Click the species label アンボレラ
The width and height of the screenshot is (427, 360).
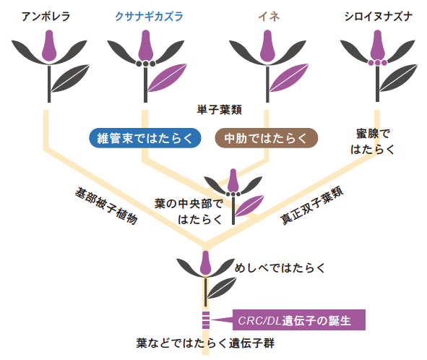coord(46,17)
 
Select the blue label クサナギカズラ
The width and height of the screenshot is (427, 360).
coord(149,17)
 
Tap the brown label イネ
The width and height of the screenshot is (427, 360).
coord(269,17)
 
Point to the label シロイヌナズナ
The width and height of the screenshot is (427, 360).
coord(379,17)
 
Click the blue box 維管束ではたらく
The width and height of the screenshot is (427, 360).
coord(145,138)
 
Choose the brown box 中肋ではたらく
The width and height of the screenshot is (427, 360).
coord(267,138)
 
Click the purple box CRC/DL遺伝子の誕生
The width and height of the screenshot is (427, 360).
coord(298,320)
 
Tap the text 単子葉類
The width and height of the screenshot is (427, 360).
coord(219,110)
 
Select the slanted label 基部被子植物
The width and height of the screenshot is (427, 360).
coord(106,206)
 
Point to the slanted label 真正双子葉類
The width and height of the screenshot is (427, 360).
coord(312,205)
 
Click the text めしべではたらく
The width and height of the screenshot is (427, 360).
coord(280,268)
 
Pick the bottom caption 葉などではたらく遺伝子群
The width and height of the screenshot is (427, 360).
coord(205,343)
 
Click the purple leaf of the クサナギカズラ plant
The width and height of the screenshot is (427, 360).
coord(167,77)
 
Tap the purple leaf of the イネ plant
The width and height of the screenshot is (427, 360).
coord(289,77)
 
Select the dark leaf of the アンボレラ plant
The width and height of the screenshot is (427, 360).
coord(70,78)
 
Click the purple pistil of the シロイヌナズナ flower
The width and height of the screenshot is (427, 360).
coord(377,46)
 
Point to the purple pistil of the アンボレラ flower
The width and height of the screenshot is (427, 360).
coord(49,46)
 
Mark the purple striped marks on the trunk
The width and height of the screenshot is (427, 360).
coord(206,320)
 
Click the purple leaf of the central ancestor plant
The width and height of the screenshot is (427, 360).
coord(249,206)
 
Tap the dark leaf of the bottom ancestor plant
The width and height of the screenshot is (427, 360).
coord(222,288)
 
